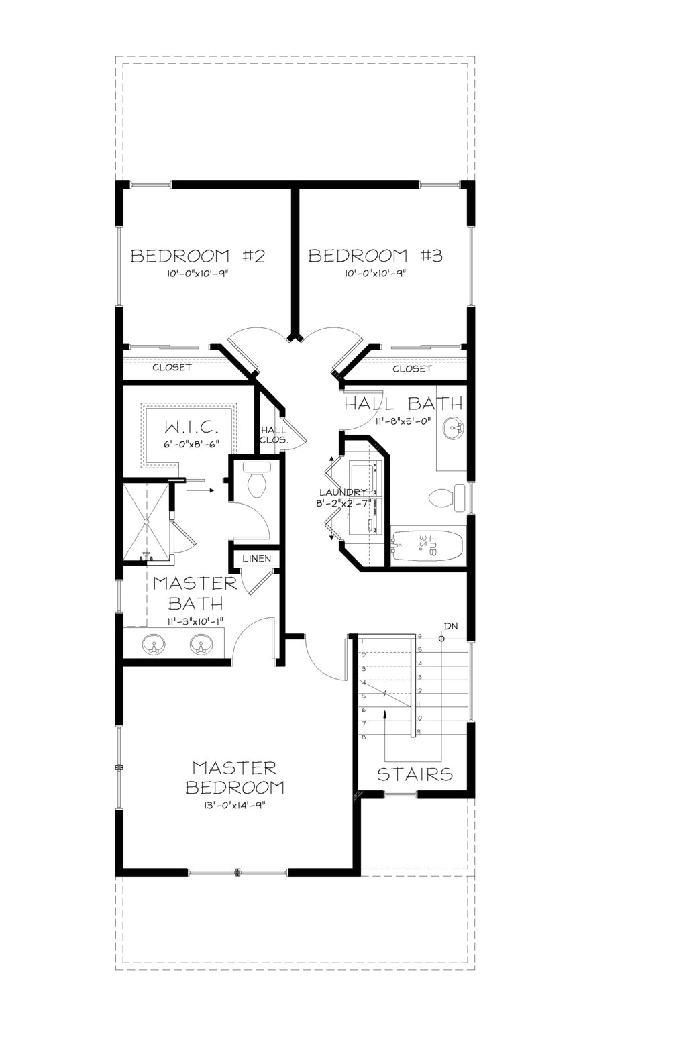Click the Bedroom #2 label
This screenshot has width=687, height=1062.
tap(198, 256)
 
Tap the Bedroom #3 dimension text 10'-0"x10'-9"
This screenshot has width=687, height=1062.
tap(376, 274)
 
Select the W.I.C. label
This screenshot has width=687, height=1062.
tap(192, 427)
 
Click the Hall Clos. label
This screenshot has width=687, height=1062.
tap(274, 435)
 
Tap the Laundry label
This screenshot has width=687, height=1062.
tap(343, 492)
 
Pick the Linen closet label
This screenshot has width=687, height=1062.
tap(256, 559)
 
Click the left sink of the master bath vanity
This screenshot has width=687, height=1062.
tap(154, 645)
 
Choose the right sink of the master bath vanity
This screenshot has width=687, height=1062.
tap(200, 645)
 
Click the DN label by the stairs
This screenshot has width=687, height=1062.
tap(450, 626)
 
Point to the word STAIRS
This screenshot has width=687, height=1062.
tap(415, 774)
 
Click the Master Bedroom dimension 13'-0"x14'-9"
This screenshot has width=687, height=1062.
tap(234, 806)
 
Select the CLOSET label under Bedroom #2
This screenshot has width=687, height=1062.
tap(172, 368)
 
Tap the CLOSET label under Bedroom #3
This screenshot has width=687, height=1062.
tap(412, 369)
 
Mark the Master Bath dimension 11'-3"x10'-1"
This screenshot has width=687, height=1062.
tap(195, 621)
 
